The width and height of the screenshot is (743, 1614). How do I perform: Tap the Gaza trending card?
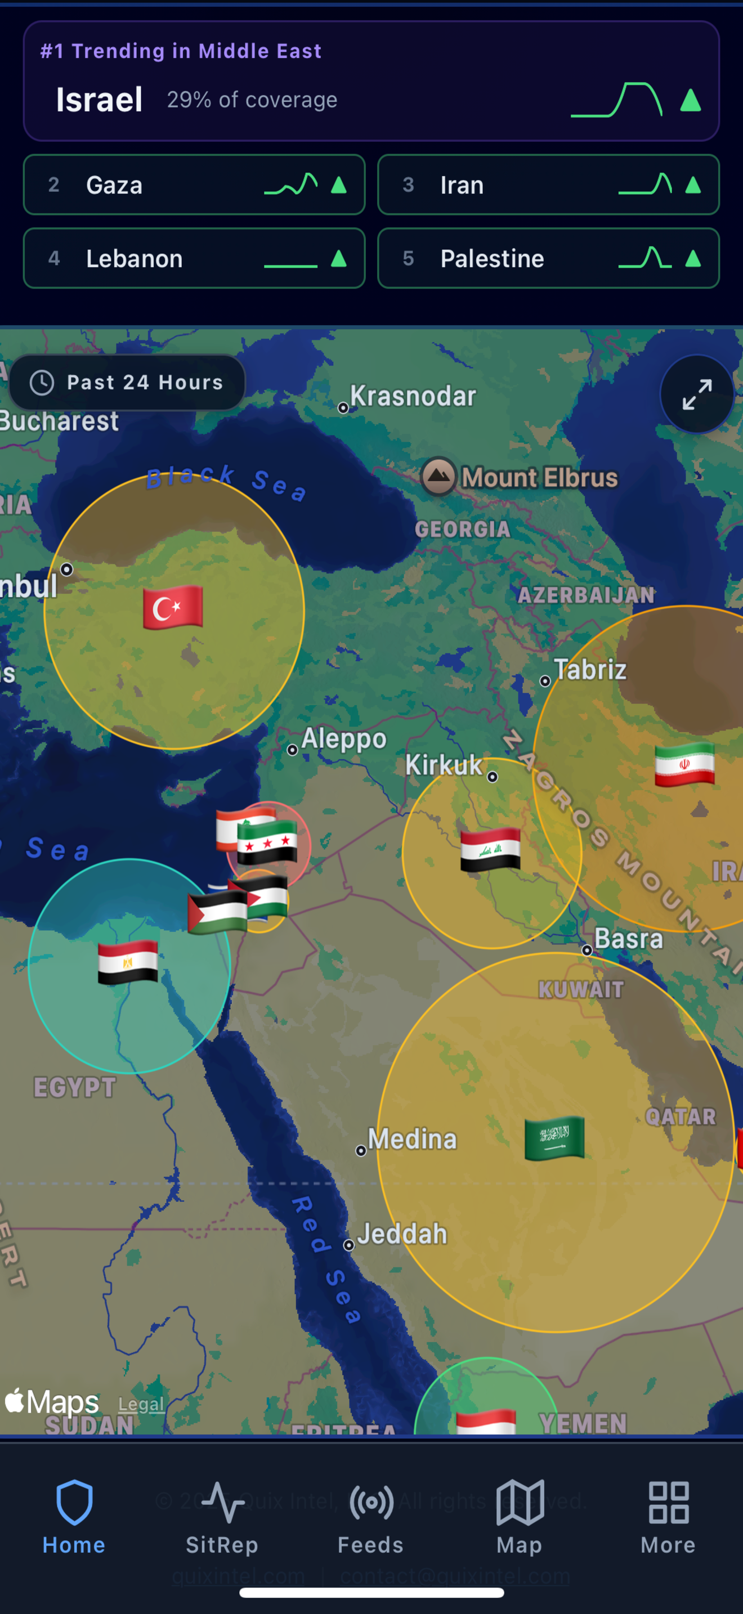point(194,185)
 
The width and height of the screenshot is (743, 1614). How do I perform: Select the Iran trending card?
point(548,185)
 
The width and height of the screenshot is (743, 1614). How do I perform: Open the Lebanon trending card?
point(194,258)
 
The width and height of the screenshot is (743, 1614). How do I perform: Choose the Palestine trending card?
point(548,258)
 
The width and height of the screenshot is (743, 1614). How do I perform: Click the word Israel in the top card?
point(99,100)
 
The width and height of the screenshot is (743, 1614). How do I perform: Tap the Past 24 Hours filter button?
point(128,382)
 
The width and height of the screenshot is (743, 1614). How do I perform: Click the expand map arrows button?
point(697,394)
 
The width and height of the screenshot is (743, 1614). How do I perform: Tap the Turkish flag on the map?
point(173,607)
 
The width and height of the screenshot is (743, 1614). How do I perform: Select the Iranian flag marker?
point(684,764)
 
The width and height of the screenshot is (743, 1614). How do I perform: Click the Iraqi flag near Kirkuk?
point(490,850)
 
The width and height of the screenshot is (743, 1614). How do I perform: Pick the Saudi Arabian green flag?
point(554,1138)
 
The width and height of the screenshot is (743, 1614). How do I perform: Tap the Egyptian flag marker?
point(128,962)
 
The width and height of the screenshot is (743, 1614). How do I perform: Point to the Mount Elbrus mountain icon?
point(438,476)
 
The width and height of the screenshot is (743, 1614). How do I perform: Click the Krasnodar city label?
point(412,396)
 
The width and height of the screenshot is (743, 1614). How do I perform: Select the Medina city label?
point(411,1139)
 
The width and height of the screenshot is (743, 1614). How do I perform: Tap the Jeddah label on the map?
point(401,1234)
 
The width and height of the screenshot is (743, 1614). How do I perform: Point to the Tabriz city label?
point(589,669)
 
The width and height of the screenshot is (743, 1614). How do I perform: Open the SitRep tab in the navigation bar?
point(222,1516)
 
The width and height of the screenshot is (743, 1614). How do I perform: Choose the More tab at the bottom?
point(668,1516)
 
